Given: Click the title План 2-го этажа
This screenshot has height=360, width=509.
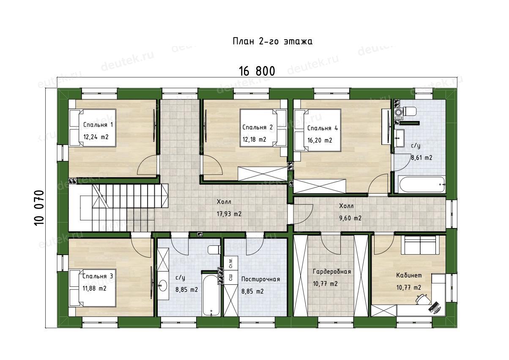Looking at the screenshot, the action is [x=272, y=41].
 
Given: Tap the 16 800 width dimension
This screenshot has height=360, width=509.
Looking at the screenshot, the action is [x=257, y=71].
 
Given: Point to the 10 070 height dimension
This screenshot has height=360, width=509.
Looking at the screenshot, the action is [x=39, y=208].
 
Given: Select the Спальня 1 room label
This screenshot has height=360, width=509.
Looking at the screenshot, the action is [x=98, y=125].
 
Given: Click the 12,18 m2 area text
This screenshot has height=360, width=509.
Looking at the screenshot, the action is [x=254, y=140].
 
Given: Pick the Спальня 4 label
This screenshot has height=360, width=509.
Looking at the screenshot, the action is [x=323, y=128].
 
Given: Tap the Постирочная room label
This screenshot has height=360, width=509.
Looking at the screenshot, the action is [x=261, y=279].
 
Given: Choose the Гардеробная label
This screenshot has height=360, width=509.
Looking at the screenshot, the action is [x=332, y=272].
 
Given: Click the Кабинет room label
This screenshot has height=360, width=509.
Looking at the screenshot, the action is [x=409, y=275].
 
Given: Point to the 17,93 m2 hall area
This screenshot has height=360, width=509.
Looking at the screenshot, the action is [x=229, y=214].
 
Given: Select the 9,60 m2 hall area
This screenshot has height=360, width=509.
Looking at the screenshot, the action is [x=350, y=218].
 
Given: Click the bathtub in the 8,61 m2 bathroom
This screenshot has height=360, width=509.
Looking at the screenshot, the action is [x=422, y=184].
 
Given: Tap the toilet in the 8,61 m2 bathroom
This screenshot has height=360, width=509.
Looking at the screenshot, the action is [x=410, y=112].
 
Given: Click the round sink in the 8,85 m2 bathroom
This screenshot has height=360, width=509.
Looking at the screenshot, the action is [x=163, y=285].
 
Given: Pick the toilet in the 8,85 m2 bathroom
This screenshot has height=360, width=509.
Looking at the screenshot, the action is [x=214, y=250].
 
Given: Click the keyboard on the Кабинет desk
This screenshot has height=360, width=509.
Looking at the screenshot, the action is [x=434, y=306].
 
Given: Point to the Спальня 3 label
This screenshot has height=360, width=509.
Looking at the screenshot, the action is [x=98, y=276].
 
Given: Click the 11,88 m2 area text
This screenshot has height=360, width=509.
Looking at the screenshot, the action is [x=94, y=289].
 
